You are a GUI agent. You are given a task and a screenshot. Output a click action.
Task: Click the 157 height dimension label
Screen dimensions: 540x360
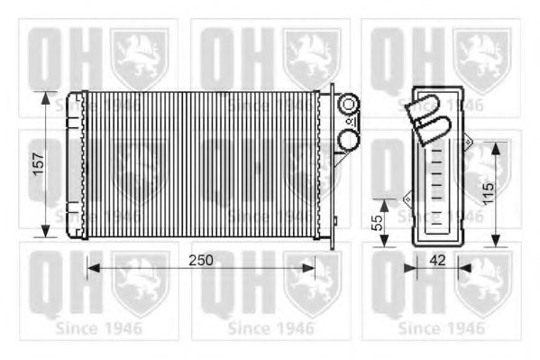[39, 164]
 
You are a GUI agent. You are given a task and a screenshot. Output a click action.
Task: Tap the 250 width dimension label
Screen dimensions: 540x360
[201, 261]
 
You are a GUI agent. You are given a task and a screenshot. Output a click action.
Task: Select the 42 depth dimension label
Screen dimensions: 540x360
[438, 261]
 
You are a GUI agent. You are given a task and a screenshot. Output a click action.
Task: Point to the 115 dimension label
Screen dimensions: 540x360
[489, 194]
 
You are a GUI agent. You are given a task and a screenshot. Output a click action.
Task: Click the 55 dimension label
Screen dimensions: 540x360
[378, 223]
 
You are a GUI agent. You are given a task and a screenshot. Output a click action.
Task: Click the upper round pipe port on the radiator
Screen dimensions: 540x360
[349, 104]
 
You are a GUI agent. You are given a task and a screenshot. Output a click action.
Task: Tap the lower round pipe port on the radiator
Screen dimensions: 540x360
[349, 139]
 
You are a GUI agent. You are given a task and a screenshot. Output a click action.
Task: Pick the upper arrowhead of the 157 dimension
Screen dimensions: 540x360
[45, 98]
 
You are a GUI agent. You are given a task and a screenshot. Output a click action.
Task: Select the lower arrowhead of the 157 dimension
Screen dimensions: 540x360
[45, 231]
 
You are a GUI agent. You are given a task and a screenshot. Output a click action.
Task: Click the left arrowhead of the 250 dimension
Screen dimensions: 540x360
[94, 268]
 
